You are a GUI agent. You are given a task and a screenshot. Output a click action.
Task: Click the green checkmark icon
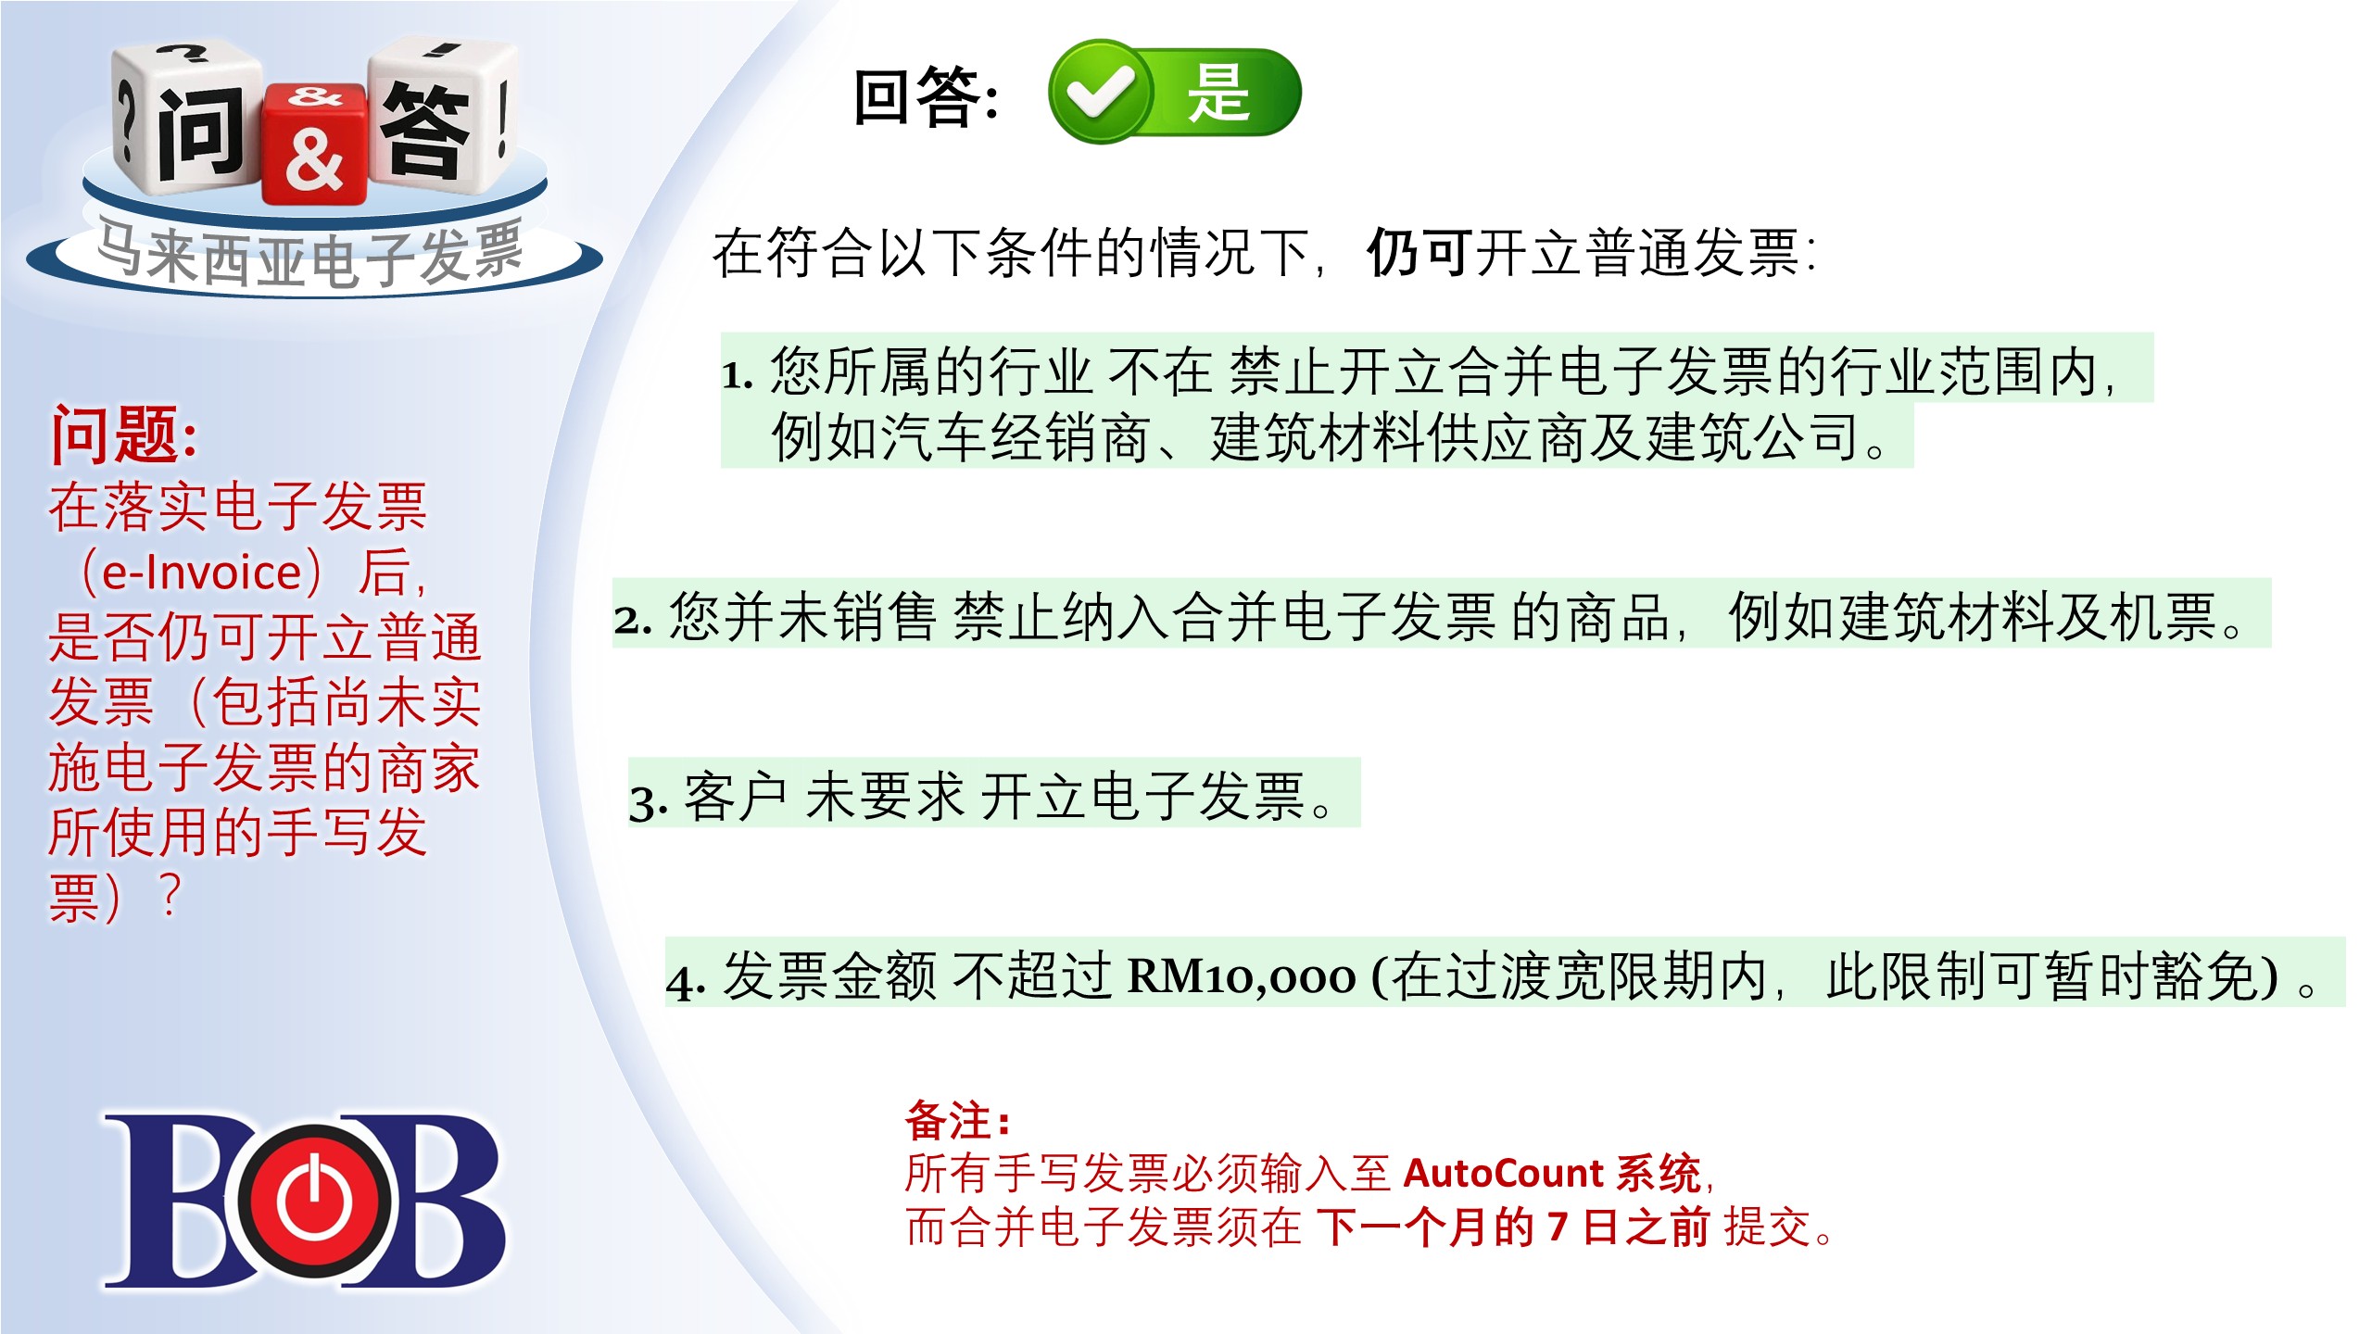(x=1100, y=92)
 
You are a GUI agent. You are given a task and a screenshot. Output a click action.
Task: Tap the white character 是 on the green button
(x=1219, y=93)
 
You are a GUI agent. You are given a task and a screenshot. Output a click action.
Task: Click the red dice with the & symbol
(x=314, y=144)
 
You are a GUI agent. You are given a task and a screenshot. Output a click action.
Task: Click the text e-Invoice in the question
(x=202, y=573)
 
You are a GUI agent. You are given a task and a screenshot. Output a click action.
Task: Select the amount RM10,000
(x=1241, y=976)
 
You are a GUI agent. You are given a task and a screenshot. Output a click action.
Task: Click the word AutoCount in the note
(x=1503, y=1173)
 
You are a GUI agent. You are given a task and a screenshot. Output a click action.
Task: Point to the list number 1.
(x=738, y=376)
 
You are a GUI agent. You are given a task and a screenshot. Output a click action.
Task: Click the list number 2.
(x=633, y=620)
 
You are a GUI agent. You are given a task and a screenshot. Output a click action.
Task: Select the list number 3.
(x=648, y=802)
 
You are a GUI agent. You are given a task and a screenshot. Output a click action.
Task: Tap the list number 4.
(x=686, y=982)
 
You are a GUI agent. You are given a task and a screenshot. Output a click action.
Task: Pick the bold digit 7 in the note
(x=1558, y=1227)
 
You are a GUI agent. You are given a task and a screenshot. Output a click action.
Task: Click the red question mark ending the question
(x=170, y=895)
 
